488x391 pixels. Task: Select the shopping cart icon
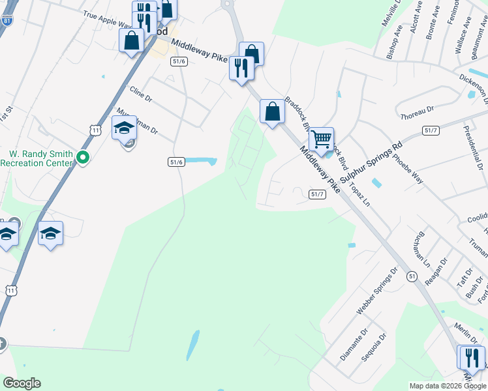click(321, 139)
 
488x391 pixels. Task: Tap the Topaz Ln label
click(359, 194)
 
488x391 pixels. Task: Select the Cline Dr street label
click(140, 95)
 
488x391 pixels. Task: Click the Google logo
click(22, 383)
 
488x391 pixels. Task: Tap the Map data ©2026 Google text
click(447, 386)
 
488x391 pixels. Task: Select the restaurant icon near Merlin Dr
click(472, 357)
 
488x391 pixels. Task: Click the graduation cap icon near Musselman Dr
click(124, 128)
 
